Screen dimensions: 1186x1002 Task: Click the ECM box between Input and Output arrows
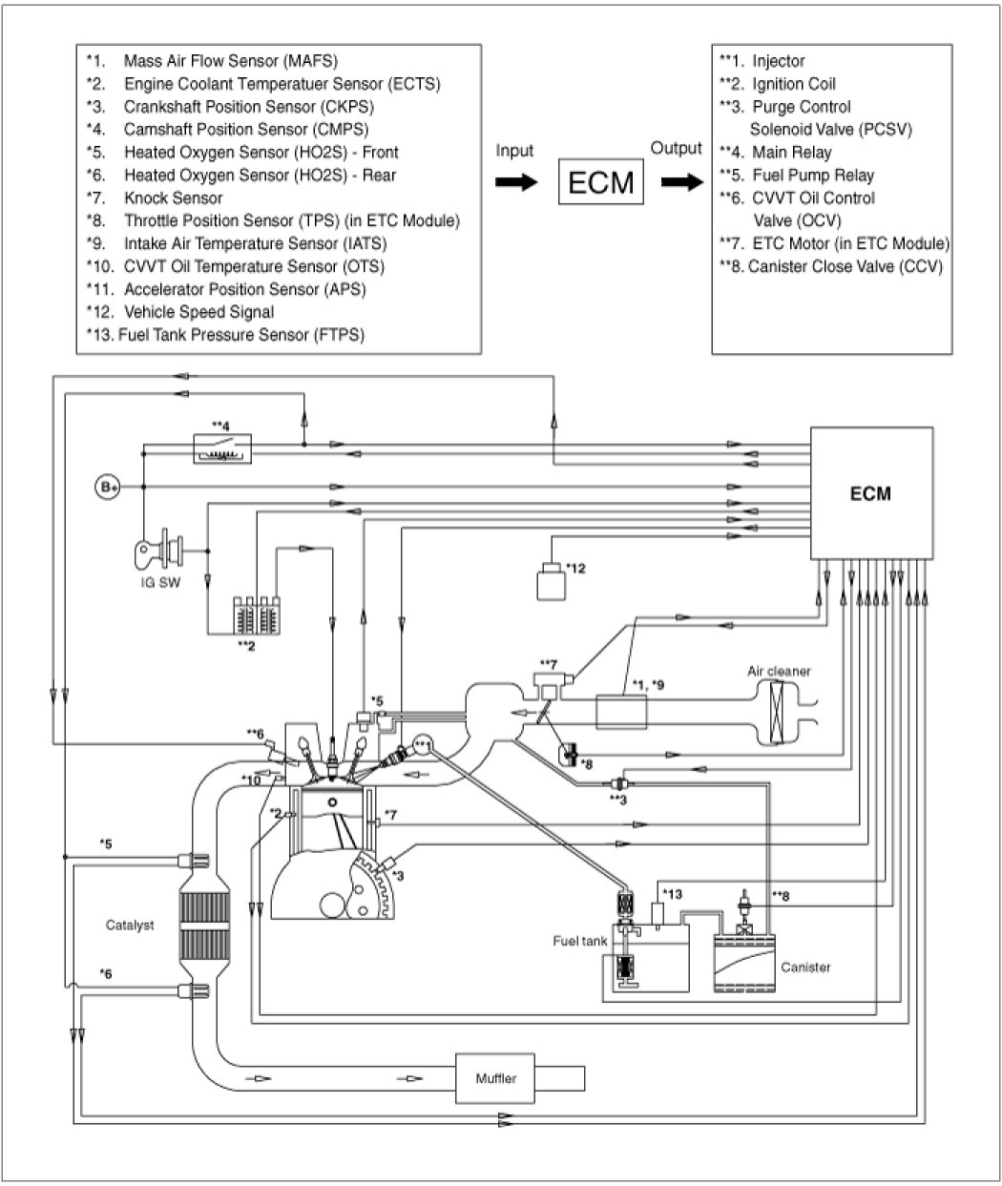pos(600,181)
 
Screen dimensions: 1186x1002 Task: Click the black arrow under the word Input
pos(513,182)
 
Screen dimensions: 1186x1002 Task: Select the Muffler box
pos(497,1079)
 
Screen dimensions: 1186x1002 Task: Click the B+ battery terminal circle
pos(107,487)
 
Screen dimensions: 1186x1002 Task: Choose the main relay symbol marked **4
pos(221,447)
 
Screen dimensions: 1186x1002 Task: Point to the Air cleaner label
pos(778,671)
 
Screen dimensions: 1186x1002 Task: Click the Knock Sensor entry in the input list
pos(173,198)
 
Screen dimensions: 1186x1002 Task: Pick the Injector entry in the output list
pos(778,61)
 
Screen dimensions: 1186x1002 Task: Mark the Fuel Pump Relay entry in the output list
pos(799,175)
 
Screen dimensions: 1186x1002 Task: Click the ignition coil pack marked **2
pos(258,614)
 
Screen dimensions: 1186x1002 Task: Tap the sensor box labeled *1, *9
pos(621,710)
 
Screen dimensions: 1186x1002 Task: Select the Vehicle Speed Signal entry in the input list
pos(198,312)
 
